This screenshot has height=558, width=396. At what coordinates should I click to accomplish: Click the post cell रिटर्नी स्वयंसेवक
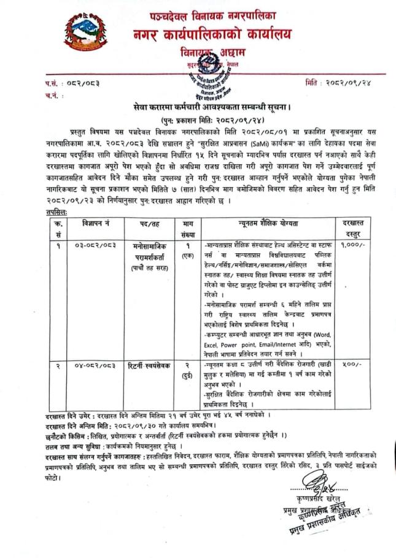[x=150, y=365]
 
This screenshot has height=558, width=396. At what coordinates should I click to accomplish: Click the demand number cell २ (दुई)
[x=186, y=369]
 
